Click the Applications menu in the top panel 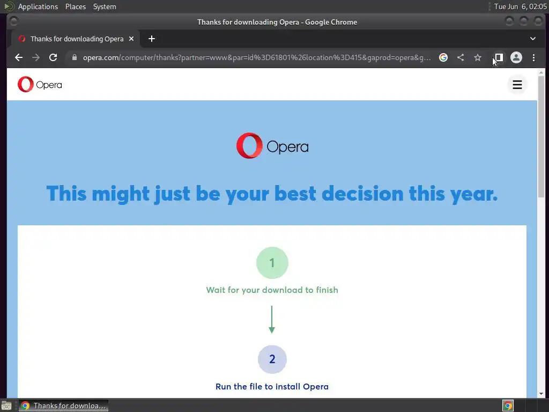[x=38, y=6]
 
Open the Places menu [x=75, y=6]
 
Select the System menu [x=105, y=6]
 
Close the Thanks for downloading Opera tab [x=131, y=39]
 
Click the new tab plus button [x=152, y=39]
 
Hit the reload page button [x=53, y=57]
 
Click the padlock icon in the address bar [x=74, y=57]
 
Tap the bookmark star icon [x=478, y=57]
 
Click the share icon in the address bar [x=461, y=57]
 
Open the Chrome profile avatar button [x=516, y=57]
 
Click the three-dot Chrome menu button [x=533, y=57]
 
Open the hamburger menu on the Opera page [x=517, y=85]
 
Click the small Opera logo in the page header [x=40, y=84]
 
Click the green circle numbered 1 [x=272, y=263]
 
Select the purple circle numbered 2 [x=272, y=359]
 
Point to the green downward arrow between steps [x=272, y=320]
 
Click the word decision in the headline [x=362, y=193]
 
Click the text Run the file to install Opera [x=272, y=386]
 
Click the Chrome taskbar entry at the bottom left [x=63, y=406]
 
